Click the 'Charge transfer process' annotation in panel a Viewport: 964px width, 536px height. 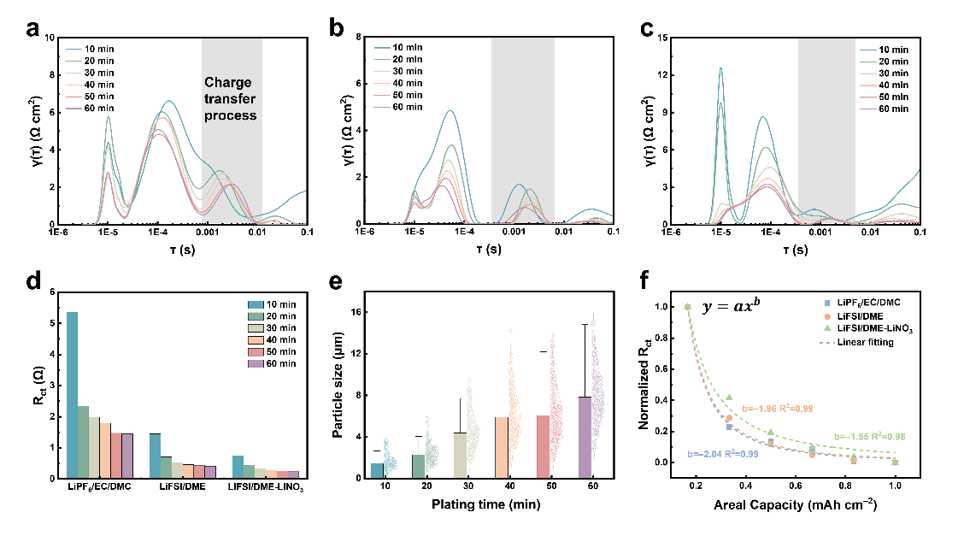coord(230,98)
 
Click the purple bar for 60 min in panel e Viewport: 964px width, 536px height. coord(585,437)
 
